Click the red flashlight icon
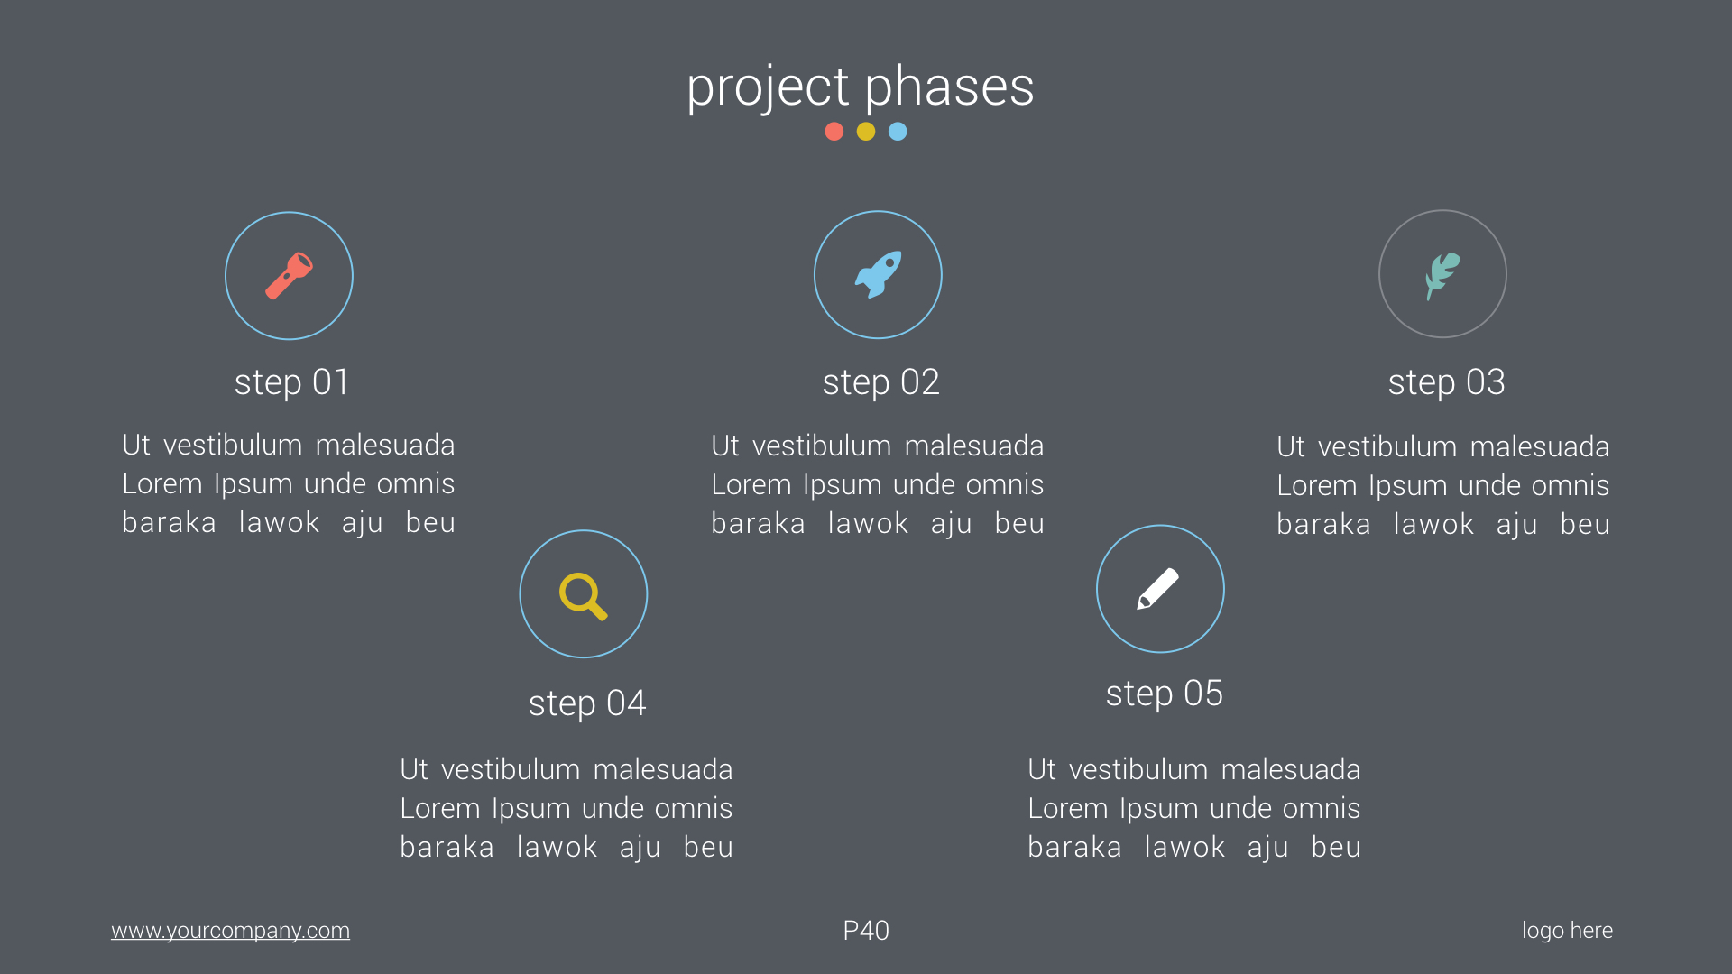[289, 275]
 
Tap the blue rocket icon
[878, 274]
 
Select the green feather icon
[1442, 274]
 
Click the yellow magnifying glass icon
[583, 595]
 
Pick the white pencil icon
[1159, 589]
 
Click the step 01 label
[291, 382]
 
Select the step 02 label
[880, 382]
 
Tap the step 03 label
[1446, 382]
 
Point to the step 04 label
[587, 703]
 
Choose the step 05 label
[1164, 694]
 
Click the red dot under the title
[834, 132]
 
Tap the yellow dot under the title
[866, 132]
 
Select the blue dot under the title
[898, 132]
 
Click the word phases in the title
[949, 87]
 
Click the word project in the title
[767, 87]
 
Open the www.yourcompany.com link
[230, 931]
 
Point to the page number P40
[866, 931]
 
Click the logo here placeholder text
[1567, 931]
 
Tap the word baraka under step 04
[447, 848]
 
